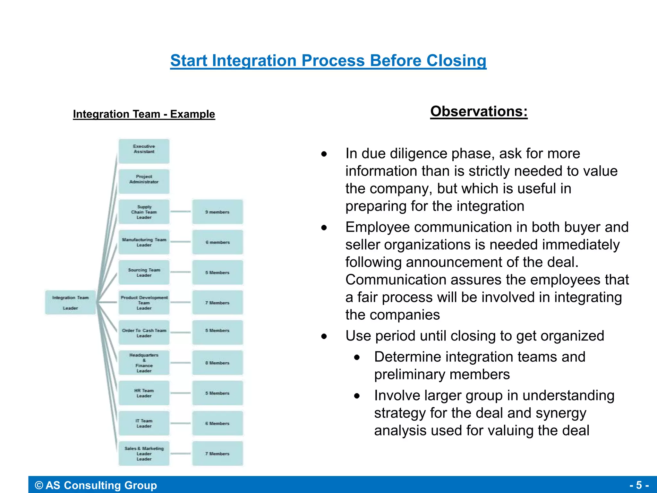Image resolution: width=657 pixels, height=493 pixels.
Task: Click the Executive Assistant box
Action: coord(144,151)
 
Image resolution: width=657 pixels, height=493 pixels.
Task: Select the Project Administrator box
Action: coord(144,181)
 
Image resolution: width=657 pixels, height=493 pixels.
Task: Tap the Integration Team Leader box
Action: coord(70,302)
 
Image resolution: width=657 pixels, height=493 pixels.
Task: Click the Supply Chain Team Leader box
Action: coord(144,212)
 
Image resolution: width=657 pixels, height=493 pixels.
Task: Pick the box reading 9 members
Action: coord(218,212)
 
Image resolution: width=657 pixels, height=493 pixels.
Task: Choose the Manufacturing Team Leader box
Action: coord(144,242)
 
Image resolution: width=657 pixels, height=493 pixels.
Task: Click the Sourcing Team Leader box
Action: coord(144,272)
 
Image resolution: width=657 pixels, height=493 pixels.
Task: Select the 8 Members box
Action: coord(218,363)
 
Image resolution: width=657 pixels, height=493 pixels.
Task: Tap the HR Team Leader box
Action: coord(144,393)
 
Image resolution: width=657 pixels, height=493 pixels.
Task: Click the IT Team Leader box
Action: coord(144,423)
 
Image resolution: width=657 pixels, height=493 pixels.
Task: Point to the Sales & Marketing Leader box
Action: coord(144,453)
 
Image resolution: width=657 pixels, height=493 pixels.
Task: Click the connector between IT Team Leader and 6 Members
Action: coord(181,423)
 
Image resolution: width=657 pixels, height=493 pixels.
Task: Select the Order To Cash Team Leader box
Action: coord(144,333)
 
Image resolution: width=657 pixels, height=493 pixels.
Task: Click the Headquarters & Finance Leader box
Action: coord(144,363)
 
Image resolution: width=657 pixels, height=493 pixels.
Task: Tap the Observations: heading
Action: coord(479,111)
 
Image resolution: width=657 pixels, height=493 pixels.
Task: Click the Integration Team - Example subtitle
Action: coord(144,114)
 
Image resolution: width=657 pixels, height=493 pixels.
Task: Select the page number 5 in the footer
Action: coord(639,485)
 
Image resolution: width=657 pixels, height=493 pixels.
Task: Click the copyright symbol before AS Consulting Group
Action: coord(39,485)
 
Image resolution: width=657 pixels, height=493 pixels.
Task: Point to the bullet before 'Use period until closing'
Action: coord(324,336)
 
